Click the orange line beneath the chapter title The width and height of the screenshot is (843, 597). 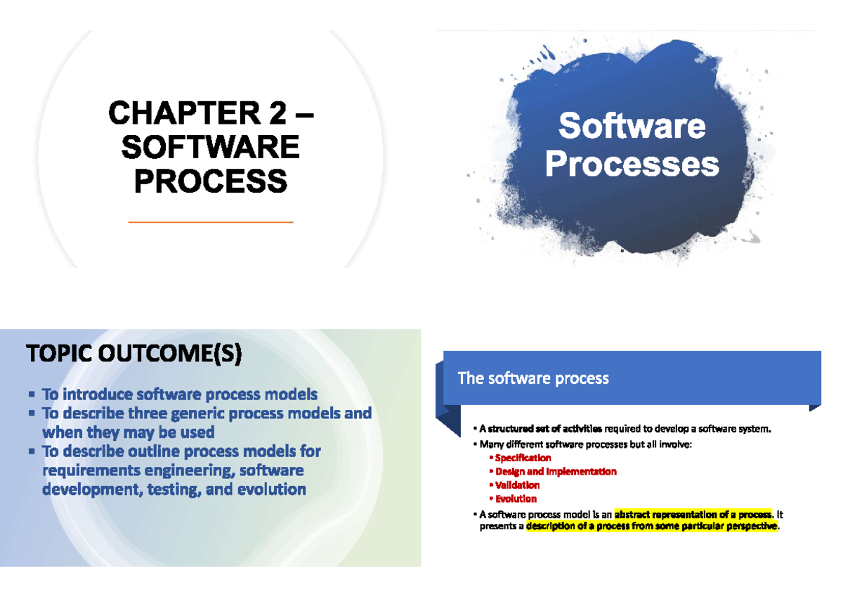[211, 222]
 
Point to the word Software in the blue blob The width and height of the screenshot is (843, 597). [632, 127]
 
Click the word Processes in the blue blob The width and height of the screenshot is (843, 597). [632, 165]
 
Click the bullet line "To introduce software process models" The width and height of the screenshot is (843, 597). [180, 394]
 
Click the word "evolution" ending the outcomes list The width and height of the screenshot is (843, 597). [270, 489]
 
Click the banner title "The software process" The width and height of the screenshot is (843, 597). [532, 378]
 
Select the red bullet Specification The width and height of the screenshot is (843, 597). [523, 458]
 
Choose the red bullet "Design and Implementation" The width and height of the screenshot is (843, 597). [556, 471]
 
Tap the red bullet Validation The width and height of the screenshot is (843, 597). [517, 485]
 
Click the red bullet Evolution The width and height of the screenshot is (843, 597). [516, 499]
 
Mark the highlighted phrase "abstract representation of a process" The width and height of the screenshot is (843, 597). [693, 513]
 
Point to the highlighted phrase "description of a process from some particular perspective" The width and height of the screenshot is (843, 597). [653, 526]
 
